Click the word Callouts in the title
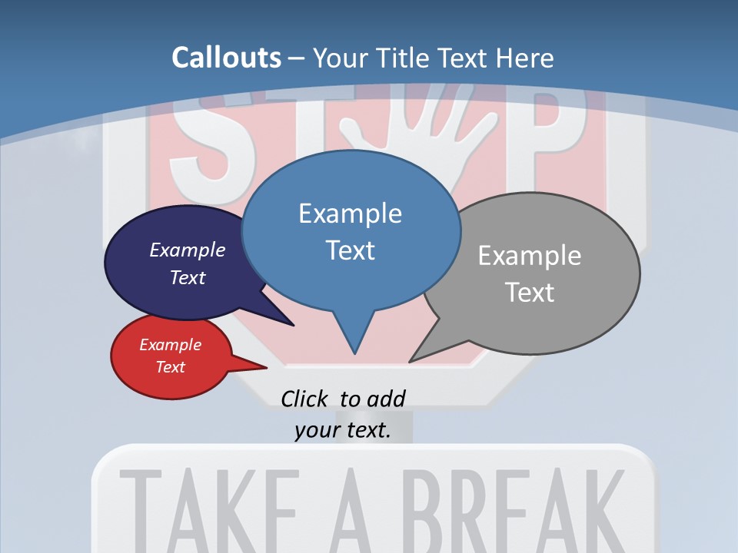click(226, 58)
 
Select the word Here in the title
click(525, 58)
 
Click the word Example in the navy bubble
click(187, 250)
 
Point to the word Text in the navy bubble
click(187, 277)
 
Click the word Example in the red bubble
click(170, 345)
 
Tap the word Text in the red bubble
click(170, 367)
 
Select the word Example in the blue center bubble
click(350, 214)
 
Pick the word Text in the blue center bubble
click(350, 250)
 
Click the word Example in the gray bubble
click(529, 256)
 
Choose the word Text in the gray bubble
click(529, 293)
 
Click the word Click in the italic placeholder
click(306, 399)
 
